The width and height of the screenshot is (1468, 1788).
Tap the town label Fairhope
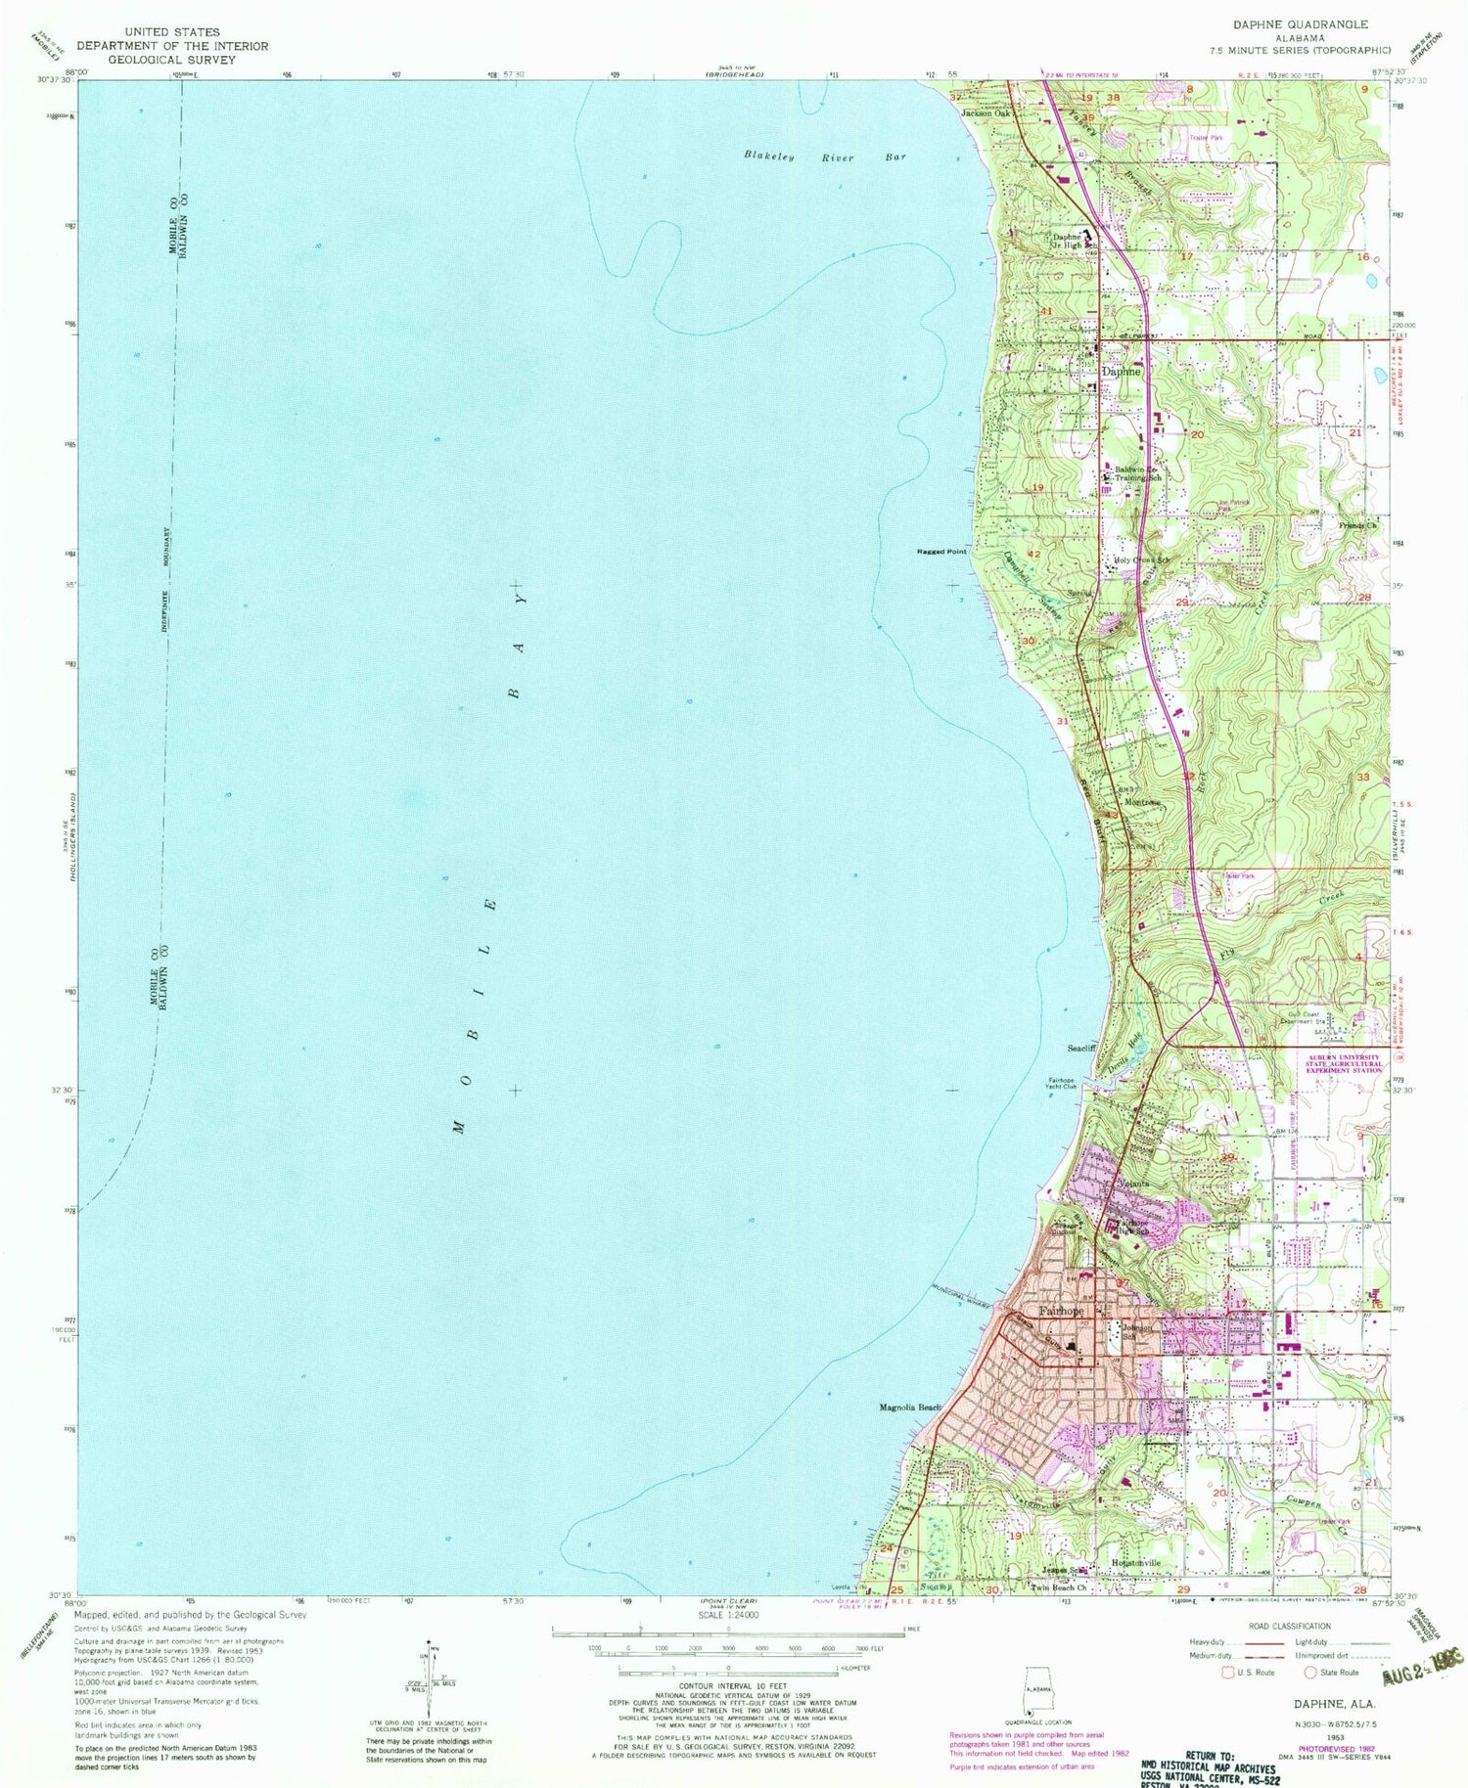point(1061,1311)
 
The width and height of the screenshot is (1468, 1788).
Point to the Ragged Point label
point(940,552)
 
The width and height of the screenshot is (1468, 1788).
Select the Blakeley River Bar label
point(824,156)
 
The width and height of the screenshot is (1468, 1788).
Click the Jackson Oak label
point(985,113)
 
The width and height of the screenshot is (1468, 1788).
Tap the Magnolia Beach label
point(909,1408)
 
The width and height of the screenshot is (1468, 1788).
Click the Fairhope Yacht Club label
point(1056,1083)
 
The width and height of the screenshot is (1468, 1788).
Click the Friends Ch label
point(1357,526)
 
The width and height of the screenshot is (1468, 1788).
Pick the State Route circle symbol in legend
point(1310,1673)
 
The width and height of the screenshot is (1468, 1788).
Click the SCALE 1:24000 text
point(724,1615)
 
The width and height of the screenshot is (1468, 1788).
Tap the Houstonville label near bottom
point(1134,1564)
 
